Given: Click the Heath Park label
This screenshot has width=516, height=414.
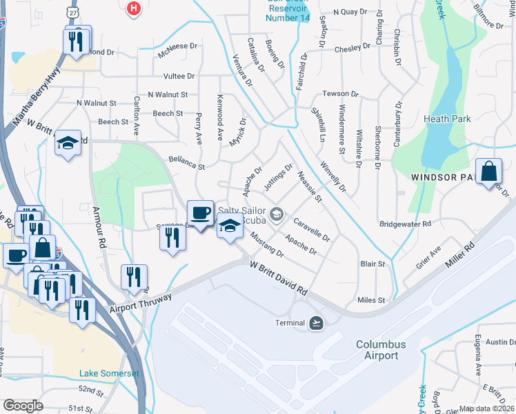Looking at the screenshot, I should click(x=448, y=119).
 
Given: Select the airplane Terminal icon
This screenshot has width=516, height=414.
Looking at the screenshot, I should click(x=316, y=322).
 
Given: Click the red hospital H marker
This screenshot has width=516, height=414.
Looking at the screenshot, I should click(x=134, y=8).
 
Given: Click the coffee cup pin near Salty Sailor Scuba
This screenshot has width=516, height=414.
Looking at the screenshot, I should click(x=200, y=213).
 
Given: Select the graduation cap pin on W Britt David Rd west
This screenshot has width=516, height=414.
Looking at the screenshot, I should click(x=68, y=143).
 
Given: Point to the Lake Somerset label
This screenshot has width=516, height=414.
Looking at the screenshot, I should click(x=109, y=373).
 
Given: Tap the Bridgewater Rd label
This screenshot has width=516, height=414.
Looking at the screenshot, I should click(x=405, y=224).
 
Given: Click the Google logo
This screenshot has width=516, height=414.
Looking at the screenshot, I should click(x=23, y=406).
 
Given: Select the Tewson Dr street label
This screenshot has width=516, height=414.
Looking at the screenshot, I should click(x=341, y=94).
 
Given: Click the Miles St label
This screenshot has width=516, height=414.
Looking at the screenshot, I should click(x=370, y=300).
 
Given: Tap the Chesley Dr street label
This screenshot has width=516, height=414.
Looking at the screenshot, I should click(x=353, y=49).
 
